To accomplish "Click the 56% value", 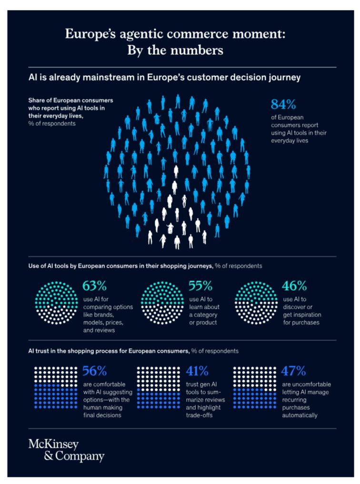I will [x=95, y=371].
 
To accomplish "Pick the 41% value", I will [x=196, y=371].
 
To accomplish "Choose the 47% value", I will [x=295, y=371].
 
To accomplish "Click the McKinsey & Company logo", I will [x=66, y=451].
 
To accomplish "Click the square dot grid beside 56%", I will [x=56, y=389].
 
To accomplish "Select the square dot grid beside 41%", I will [x=158, y=389].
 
